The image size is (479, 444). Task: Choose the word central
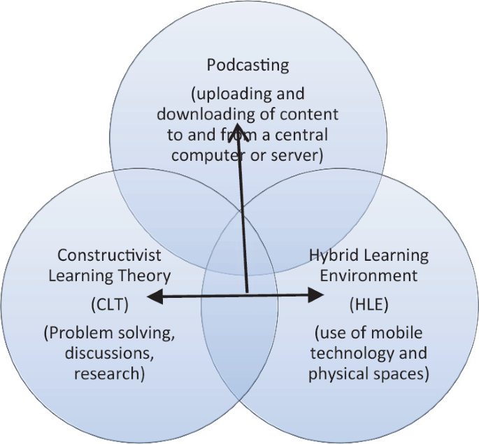coord(299,134)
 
